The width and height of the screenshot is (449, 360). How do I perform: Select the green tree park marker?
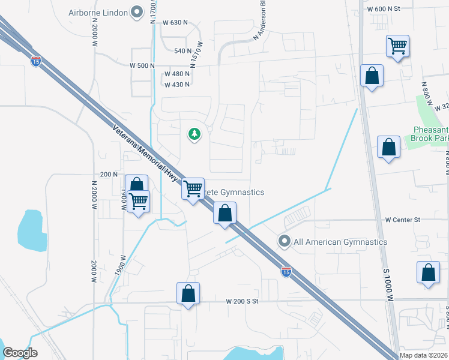pyautogui.click(x=194, y=134)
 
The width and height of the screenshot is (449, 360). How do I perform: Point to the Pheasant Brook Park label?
pyautogui.click(x=430, y=134)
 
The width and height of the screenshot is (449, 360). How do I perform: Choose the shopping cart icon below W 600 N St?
pyautogui.click(x=397, y=46)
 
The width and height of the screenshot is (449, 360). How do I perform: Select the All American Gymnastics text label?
pyautogui.click(x=340, y=242)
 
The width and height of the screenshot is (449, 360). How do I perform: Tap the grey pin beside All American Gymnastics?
pyautogui.click(x=285, y=241)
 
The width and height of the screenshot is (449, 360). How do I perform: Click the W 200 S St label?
pyautogui.click(x=241, y=301)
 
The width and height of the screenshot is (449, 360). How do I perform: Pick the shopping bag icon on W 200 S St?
pyautogui.click(x=188, y=293)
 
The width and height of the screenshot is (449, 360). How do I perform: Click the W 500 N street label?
pyautogui.click(x=142, y=65)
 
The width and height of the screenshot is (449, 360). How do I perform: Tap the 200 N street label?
pyautogui.click(x=109, y=174)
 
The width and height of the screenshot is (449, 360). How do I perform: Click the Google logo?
pyautogui.click(x=20, y=353)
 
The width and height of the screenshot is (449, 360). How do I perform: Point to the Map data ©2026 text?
pyautogui.click(x=424, y=355)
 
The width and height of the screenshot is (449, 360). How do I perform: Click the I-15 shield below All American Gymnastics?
pyautogui.click(x=286, y=272)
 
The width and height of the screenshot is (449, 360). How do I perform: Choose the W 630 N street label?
pyautogui.click(x=175, y=23)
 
